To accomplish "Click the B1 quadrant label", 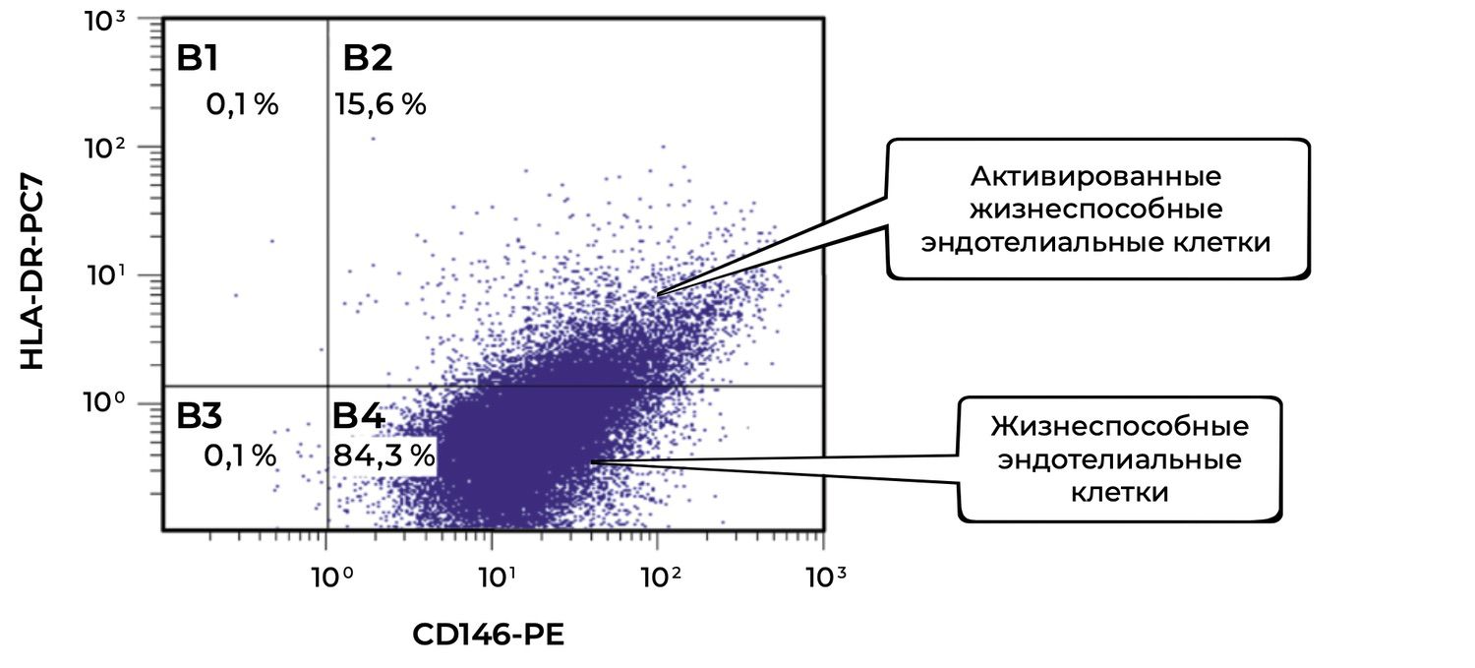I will (x=197, y=59).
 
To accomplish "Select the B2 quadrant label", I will (x=367, y=59).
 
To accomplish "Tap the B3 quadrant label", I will (x=199, y=416).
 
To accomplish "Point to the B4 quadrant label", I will (x=358, y=416).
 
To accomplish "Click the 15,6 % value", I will (x=381, y=104).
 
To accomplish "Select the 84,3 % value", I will (x=383, y=456).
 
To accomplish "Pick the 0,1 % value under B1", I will (x=242, y=104).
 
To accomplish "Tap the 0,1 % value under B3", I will (x=239, y=456).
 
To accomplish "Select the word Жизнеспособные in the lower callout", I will (x=1119, y=428).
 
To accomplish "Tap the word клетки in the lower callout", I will (x=1119, y=491).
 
